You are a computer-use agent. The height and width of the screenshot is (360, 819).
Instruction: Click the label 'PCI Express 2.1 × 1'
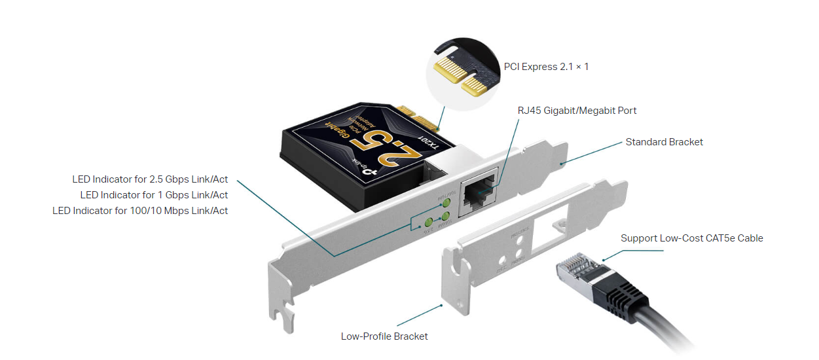(x=546, y=67)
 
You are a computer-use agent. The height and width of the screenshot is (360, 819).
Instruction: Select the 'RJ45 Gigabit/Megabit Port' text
(x=577, y=111)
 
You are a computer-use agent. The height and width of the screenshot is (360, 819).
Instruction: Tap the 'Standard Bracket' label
(x=664, y=142)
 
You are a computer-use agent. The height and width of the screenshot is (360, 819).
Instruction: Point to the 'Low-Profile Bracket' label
(x=384, y=336)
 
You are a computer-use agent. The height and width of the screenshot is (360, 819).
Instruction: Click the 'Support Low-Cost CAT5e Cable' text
(x=691, y=238)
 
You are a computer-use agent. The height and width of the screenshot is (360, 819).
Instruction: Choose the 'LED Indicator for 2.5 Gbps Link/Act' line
(x=150, y=179)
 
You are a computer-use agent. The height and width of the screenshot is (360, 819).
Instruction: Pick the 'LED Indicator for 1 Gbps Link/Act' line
(x=154, y=195)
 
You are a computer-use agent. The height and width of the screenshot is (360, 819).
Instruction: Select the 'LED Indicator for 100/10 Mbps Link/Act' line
(x=140, y=211)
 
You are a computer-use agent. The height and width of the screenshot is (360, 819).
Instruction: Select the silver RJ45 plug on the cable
(x=575, y=270)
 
